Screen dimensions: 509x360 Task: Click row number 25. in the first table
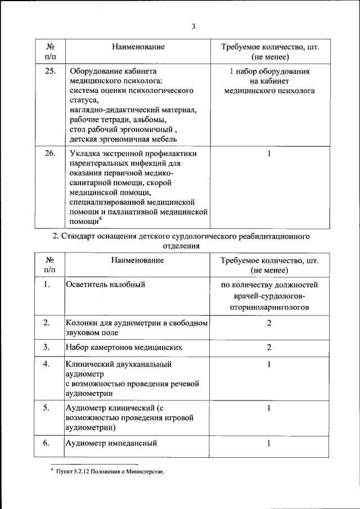click(50, 71)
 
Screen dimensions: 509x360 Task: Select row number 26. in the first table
click(50, 153)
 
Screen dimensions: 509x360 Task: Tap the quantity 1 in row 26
click(269, 153)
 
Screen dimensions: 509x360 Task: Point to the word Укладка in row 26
click(84, 153)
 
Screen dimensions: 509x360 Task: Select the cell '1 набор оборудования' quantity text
click(269, 71)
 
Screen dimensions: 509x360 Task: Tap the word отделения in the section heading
click(180, 246)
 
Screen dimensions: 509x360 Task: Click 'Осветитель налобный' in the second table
click(105, 285)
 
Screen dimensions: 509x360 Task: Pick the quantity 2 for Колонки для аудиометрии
click(269, 323)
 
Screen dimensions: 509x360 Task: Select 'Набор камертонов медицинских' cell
click(124, 346)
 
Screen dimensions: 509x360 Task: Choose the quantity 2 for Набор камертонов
click(269, 346)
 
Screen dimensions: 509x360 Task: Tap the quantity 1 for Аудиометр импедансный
click(269, 443)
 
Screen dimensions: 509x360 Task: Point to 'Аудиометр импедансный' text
click(111, 443)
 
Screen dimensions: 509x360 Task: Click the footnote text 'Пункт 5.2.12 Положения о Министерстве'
click(110, 471)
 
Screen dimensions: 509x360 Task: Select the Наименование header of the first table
click(137, 47)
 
